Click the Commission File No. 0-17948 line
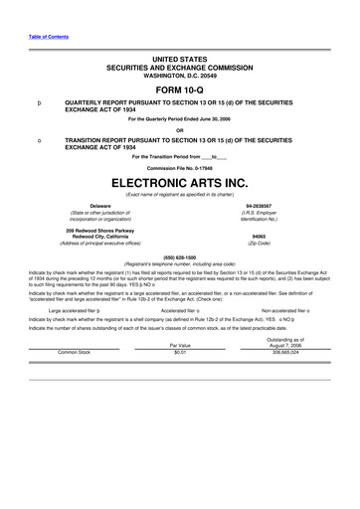(x=179, y=166)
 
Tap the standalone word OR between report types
(x=179, y=128)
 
